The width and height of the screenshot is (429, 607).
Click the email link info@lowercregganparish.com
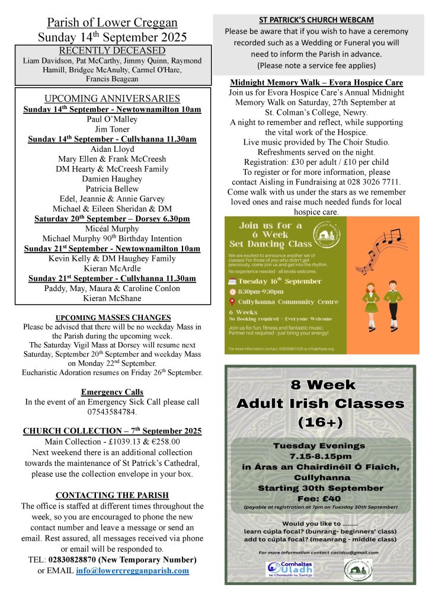[x=133, y=571]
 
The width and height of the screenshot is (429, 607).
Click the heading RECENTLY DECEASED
[x=113, y=50]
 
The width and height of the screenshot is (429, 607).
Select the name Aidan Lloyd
[x=113, y=149]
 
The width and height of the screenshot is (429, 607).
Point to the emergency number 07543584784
[x=113, y=411]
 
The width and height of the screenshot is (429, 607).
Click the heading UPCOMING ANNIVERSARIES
[x=113, y=98]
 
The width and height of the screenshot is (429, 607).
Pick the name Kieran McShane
[x=113, y=298]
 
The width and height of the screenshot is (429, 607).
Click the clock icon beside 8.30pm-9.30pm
[x=232, y=291]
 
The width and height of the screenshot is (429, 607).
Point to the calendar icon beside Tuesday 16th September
[x=232, y=281]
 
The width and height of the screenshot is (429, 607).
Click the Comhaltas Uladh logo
[x=290, y=570]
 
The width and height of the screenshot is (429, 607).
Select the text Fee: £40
[x=320, y=499]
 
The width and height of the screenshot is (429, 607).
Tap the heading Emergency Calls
[x=113, y=392]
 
